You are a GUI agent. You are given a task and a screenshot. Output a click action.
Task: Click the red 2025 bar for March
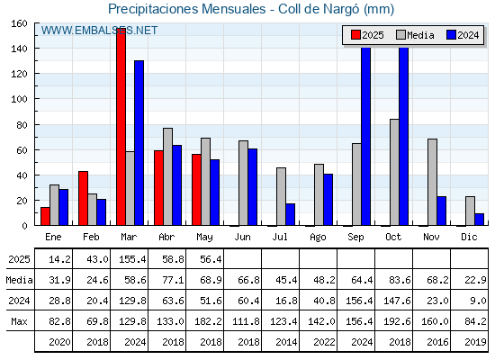click(x=121, y=127)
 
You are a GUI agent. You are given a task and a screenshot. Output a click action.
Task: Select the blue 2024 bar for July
click(x=290, y=214)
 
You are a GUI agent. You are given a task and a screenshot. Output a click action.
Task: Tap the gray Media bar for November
click(x=432, y=182)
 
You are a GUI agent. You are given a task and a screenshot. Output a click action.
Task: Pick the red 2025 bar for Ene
click(x=45, y=216)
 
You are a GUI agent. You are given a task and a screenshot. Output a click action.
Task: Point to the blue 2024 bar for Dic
click(x=479, y=220)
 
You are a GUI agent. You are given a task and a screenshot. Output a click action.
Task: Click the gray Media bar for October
click(x=394, y=172)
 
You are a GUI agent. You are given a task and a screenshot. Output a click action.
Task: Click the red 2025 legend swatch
click(x=355, y=35)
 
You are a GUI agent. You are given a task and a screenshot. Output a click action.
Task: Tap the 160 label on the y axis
click(x=19, y=23)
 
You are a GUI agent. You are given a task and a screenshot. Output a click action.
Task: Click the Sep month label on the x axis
click(x=355, y=238)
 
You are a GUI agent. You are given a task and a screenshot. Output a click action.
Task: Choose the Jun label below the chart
click(x=242, y=238)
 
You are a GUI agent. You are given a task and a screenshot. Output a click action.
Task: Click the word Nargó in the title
click(x=341, y=9)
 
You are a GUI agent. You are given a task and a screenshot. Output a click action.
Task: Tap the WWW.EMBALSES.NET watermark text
click(x=99, y=31)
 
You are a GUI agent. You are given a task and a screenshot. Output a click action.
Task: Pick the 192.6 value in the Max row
click(x=397, y=321)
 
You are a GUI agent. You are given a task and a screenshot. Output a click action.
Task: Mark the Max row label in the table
click(x=19, y=321)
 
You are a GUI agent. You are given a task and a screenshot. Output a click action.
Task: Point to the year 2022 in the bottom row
click(x=324, y=342)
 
